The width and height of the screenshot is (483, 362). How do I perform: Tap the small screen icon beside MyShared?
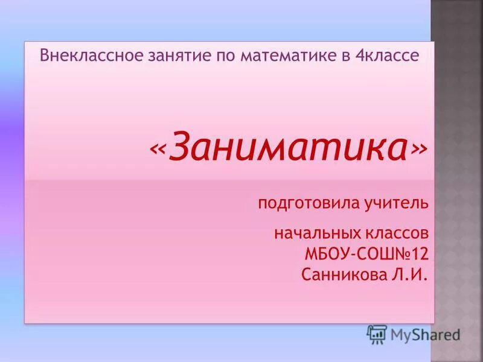[x=377, y=334]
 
